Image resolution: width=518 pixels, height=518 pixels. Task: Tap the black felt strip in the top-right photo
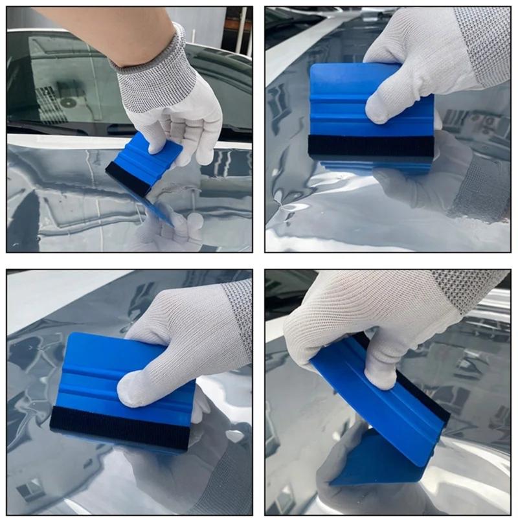tap(370, 146)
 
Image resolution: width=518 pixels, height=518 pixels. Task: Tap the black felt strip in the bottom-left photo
tap(120, 427)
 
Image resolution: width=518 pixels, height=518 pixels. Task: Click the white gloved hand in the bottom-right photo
tap(369, 317)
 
